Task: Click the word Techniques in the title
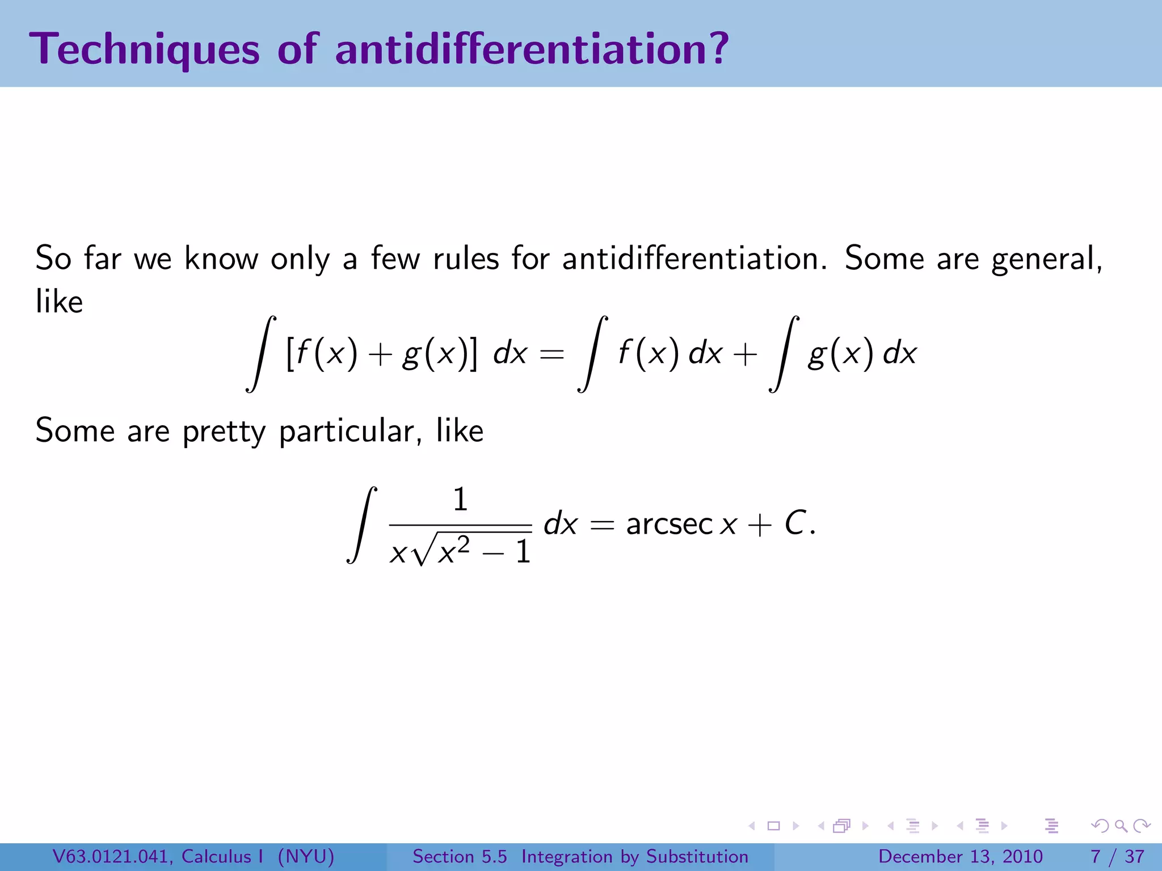145,50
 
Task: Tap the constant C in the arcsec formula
795,523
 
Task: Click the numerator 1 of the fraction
460,500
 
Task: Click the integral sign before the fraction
362,525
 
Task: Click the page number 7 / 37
1117,856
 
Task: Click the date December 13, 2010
960,856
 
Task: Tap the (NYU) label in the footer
306,856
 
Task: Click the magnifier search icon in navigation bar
1121,826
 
